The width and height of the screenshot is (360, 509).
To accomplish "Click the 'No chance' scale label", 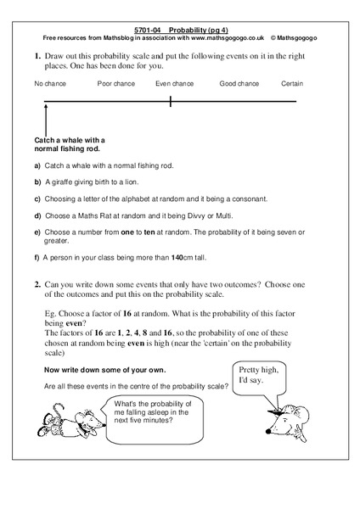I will pos(49,84).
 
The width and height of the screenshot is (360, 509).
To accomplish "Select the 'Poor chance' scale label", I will pos(115,84).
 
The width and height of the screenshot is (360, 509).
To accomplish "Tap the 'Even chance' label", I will pos(174,84).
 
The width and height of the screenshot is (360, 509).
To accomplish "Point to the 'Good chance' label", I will pos(239,84).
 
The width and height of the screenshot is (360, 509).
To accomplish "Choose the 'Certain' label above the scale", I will pos(291,84).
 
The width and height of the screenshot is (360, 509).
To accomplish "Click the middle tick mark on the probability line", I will pos(171,102).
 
